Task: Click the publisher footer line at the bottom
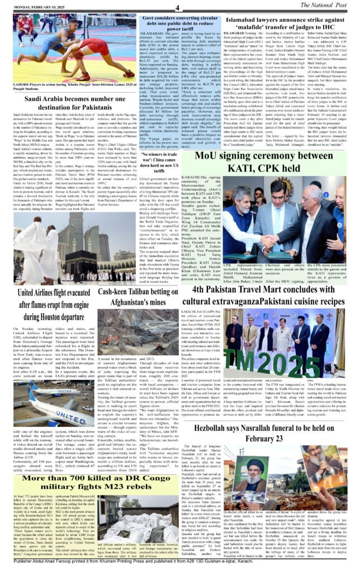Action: (x=180, y=565)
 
